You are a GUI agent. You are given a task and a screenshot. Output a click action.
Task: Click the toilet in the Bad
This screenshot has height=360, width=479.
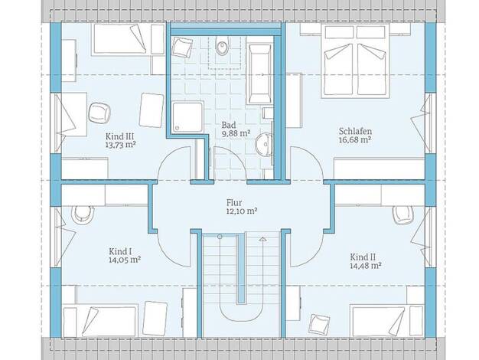click(222, 46)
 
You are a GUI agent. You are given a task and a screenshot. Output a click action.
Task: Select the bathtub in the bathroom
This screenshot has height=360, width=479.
click(259, 74)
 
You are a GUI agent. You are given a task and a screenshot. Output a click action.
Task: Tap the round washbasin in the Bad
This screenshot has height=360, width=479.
click(263, 144)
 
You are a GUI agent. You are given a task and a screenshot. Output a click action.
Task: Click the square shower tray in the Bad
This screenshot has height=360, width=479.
click(188, 117)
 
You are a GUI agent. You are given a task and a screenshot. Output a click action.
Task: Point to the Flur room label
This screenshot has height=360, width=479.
click(234, 203)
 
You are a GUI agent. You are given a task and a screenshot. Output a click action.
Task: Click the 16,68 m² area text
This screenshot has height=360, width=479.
click(355, 140)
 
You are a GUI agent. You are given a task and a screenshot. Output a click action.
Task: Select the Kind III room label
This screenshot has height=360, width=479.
click(120, 136)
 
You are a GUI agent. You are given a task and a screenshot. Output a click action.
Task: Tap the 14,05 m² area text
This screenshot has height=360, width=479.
click(125, 260)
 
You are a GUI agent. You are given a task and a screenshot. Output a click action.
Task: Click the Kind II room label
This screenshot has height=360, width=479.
click(363, 257)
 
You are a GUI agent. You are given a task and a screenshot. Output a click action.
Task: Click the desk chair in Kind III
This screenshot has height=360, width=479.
click(99, 113)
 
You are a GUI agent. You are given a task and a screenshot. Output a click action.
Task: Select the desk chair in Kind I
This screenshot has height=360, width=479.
click(83, 213)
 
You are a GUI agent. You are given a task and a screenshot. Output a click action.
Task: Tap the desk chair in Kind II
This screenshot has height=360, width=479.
click(403, 214)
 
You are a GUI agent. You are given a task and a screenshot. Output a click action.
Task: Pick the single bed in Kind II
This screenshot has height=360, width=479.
click(388, 321)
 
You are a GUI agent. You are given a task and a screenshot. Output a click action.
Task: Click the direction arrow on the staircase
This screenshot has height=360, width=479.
click(262, 239)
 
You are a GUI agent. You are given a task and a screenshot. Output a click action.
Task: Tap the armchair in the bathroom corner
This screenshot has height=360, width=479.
click(182, 47)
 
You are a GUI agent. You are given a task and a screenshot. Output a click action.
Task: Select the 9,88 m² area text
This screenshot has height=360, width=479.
click(236, 134)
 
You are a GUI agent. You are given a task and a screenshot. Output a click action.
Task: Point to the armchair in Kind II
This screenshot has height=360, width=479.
click(319, 324)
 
